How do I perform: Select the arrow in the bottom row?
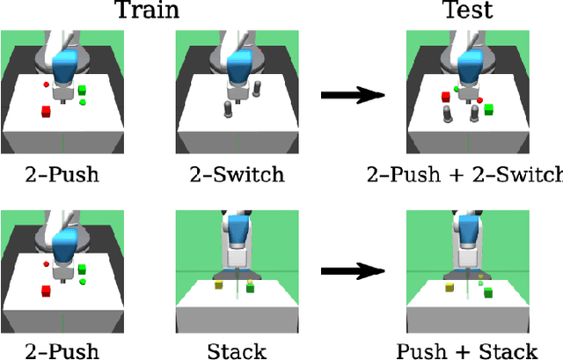click(x=352, y=273)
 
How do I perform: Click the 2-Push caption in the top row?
click(x=62, y=174)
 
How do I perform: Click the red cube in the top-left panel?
click(x=45, y=111)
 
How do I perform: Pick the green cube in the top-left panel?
click(x=82, y=90)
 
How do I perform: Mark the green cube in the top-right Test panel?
click(x=489, y=109)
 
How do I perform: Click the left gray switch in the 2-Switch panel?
click(x=228, y=109)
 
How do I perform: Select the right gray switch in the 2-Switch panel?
click(x=258, y=88)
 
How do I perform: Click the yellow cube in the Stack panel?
click(x=217, y=284)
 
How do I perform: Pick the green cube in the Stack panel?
click(x=251, y=287)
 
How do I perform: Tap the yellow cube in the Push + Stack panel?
click(x=448, y=287)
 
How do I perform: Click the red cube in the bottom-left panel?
click(x=45, y=290)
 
